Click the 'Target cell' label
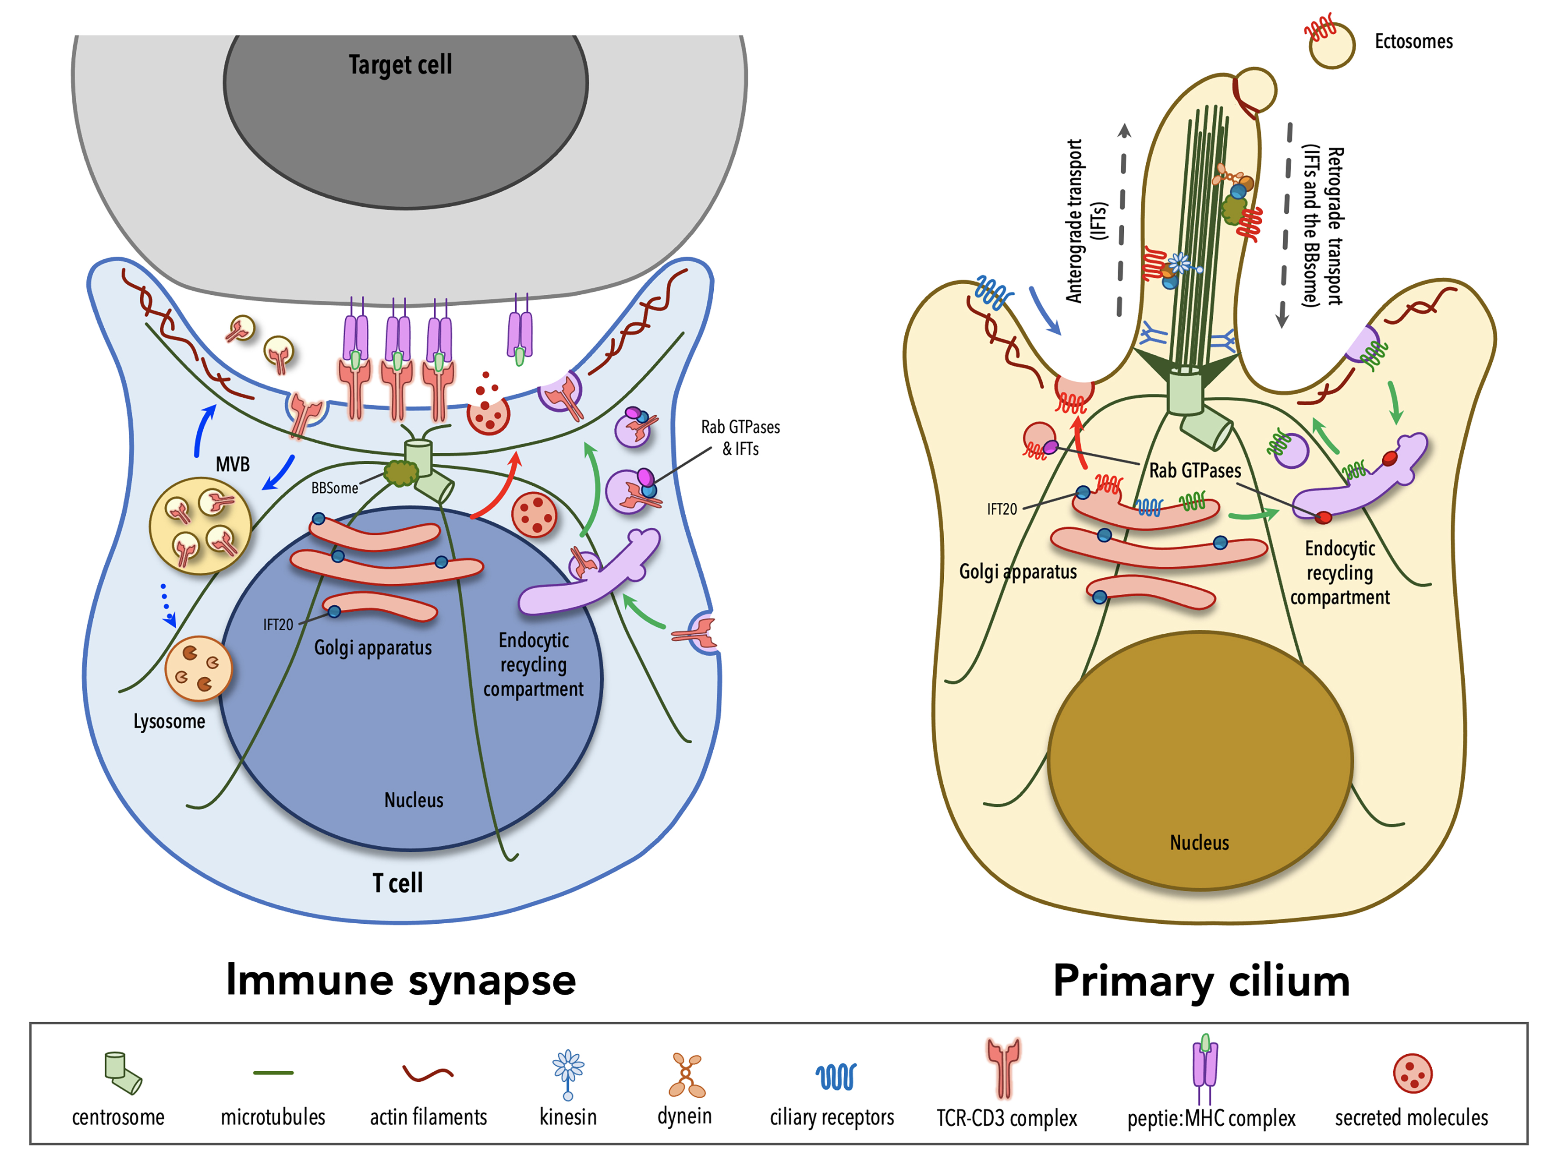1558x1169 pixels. (x=400, y=65)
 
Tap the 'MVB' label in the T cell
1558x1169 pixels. (x=233, y=464)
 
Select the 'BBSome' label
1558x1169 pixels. (x=335, y=488)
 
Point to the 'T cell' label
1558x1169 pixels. (x=397, y=883)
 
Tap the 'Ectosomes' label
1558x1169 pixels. (x=1413, y=42)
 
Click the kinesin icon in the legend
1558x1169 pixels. (x=568, y=1074)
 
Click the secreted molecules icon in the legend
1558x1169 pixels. (x=1412, y=1073)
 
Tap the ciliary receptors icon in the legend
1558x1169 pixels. (x=836, y=1077)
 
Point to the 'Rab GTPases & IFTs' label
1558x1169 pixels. (x=740, y=437)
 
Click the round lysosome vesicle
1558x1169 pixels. (x=198, y=669)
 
